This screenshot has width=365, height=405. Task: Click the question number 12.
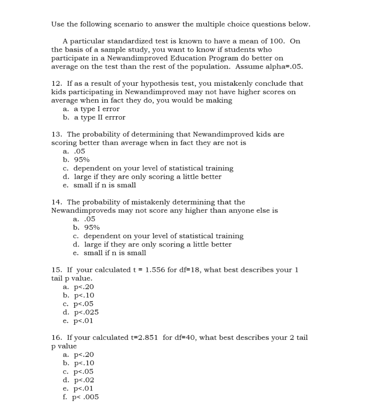tap(56, 83)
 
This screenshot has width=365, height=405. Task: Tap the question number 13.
tap(56, 134)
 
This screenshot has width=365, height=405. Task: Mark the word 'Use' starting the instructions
tap(58, 24)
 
